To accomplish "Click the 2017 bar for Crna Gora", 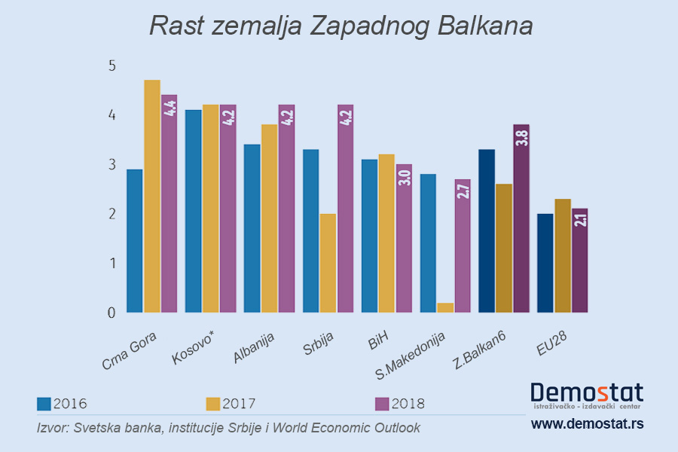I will [x=152, y=196].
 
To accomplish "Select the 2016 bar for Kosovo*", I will [x=194, y=211].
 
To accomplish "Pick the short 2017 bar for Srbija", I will [x=328, y=263].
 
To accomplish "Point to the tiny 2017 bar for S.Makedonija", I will [x=445, y=307].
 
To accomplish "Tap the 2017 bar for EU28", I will [x=563, y=255].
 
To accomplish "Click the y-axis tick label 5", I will [x=112, y=66].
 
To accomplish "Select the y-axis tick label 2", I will [x=112, y=214].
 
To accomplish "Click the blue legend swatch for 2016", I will [x=44, y=404].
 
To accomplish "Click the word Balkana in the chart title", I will [x=484, y=26].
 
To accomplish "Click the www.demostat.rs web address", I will [x=587, y=425].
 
